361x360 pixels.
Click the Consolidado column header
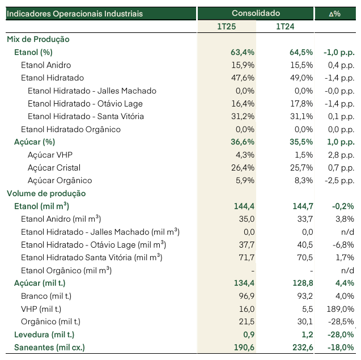[256, 14]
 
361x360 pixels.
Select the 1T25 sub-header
[227, 27]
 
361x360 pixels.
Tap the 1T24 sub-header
[285, 27]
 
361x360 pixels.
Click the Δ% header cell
[334, 14]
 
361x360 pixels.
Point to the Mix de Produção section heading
[38, 39]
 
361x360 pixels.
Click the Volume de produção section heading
[46, 193]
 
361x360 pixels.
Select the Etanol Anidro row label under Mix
[46, 65]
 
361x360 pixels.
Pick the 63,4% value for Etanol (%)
[243, 52]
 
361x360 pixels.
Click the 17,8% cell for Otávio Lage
[301, 104]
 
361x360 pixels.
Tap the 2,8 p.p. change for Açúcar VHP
[341, 155]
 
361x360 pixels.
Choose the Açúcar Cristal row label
[54, 168]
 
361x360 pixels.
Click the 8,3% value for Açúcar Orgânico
[304, 180]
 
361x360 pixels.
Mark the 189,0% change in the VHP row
[341, 309]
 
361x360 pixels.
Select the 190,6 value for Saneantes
[244, 348]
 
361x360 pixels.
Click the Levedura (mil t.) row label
[44, 334]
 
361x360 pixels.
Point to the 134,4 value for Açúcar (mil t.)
[244, 283]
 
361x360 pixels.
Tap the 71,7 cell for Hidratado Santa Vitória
[247, 257]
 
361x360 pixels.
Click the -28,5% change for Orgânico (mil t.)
[341, 321]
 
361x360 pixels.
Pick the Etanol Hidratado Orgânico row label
[71, 129]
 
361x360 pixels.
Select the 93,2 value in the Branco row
[305, 296]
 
